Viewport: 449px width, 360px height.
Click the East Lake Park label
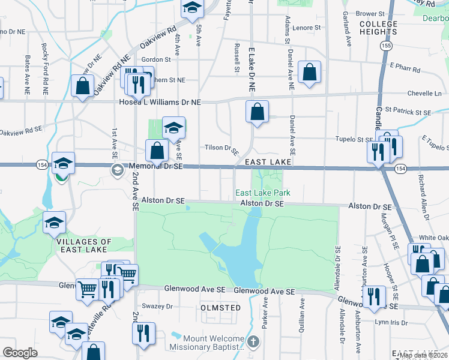(262, 193)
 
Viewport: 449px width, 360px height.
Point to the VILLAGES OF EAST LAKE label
(84, 246)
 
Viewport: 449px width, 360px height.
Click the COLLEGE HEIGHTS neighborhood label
(378, 28)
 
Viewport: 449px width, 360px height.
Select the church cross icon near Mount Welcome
(253, 343)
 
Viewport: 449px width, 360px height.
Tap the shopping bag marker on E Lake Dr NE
(257, 112)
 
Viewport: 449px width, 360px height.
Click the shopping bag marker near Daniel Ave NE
(309, 73)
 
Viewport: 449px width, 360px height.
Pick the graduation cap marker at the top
(192, 8)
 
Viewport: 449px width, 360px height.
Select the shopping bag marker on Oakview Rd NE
(83, 85)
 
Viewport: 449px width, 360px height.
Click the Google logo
(20, 353)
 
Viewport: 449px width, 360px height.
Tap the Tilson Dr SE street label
(222, 148)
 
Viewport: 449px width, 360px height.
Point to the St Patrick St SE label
(408, 112)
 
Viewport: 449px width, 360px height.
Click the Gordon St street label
(156, 59)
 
